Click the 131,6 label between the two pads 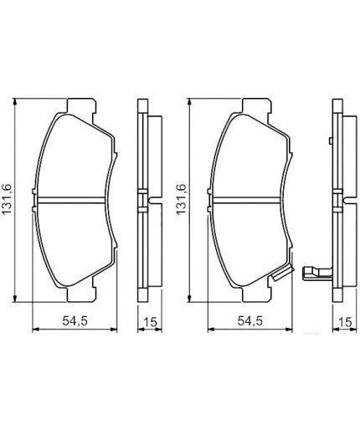(179, 199)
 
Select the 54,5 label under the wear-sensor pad (248, 319)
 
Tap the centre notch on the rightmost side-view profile (341, 200)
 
